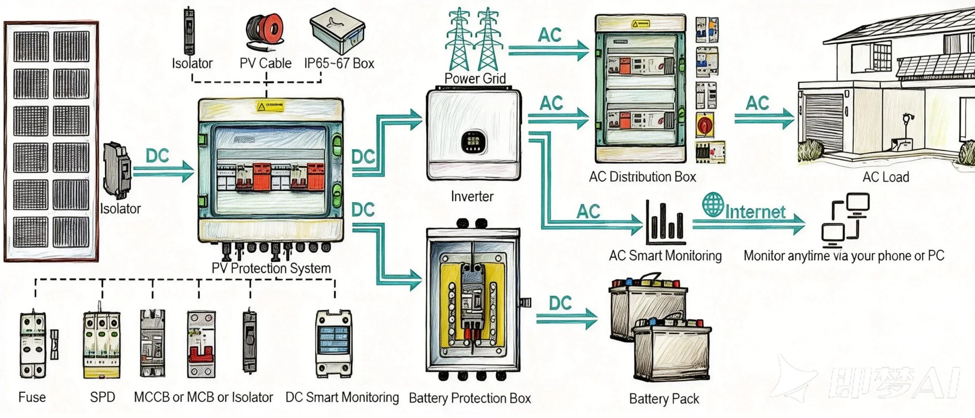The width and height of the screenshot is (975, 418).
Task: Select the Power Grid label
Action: (475, 78)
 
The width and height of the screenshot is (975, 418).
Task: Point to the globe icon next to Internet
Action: (713, 205)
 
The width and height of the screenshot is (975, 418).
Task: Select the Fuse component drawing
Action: (33, 345)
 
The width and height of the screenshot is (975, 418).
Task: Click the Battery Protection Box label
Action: (470, 398)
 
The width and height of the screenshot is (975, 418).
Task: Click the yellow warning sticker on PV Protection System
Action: (270, 106)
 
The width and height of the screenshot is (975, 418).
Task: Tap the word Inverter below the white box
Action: (472, 197)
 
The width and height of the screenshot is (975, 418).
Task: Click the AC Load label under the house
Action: (885, 177)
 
